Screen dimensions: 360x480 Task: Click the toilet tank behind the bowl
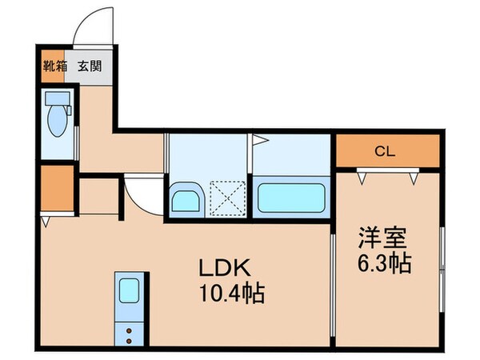click(x=57, y=100)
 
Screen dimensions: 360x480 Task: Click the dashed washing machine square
click(x=226, y=196)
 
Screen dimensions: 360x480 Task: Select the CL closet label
click(x=387, y=151)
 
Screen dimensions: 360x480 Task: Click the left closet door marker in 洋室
click(x=362, y=176)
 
